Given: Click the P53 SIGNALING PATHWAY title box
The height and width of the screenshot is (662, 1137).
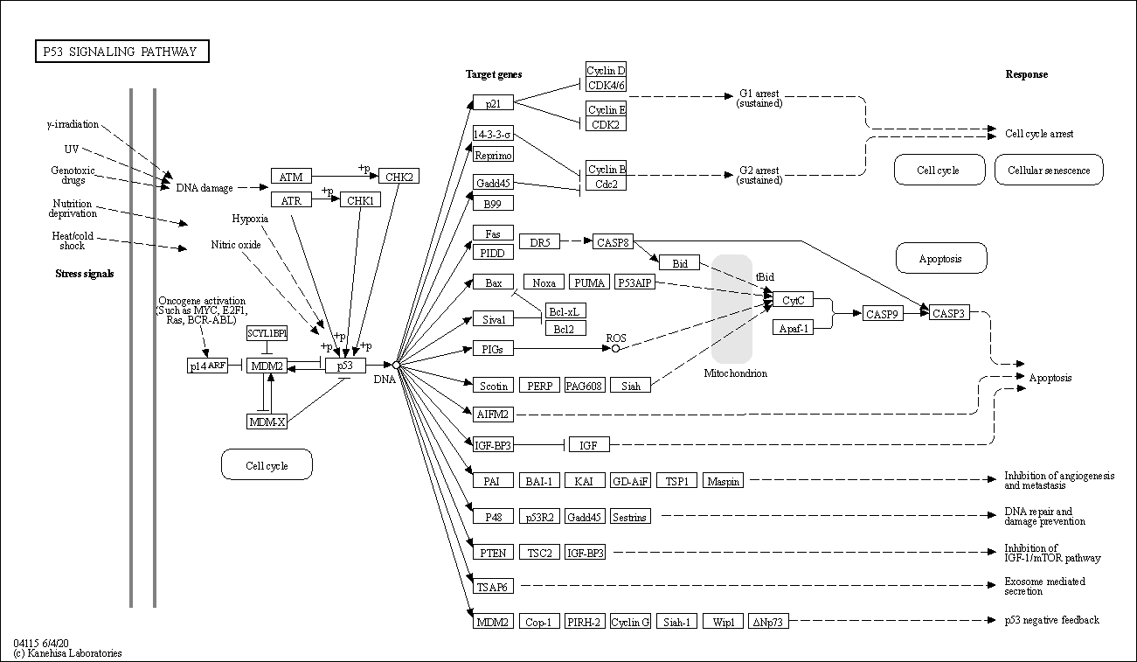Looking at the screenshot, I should tap(122, 52).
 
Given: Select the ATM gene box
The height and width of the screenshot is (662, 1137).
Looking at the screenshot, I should tap(291, 177).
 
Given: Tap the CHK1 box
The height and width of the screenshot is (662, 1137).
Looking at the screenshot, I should tap(360, 200).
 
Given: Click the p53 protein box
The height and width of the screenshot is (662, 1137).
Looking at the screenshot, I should tap(345, 365).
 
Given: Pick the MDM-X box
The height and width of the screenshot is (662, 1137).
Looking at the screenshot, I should tap(267, 422).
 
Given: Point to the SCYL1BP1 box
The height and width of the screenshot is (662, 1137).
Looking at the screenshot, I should tap(267, 333).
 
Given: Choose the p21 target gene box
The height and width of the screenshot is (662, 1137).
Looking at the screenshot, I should tap(493, 102).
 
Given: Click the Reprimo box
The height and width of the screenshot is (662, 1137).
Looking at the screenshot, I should tap(493, 155).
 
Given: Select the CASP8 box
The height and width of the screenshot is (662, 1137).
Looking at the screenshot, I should tap(613, 241).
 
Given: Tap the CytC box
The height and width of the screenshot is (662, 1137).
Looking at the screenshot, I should tap(793, 300).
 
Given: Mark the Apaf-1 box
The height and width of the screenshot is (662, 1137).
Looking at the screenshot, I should tap(793, 327).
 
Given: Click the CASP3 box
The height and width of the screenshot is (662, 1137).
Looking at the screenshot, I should tap(949, 313).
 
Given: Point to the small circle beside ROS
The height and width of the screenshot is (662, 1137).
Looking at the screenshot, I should tap(615, 348).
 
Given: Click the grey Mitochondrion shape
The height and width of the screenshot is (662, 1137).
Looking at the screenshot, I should tap(731, 309).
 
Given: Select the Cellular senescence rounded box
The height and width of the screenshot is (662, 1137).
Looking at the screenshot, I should tap(1049, 171).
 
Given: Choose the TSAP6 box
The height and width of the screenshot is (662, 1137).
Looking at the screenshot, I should tap(492, 587).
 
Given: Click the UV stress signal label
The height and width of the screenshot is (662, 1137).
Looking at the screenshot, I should tap(72, 150).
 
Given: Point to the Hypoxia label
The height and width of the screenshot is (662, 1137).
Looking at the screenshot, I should tap(250, 218).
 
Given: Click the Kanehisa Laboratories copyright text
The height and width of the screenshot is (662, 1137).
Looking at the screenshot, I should tap(68, 653).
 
